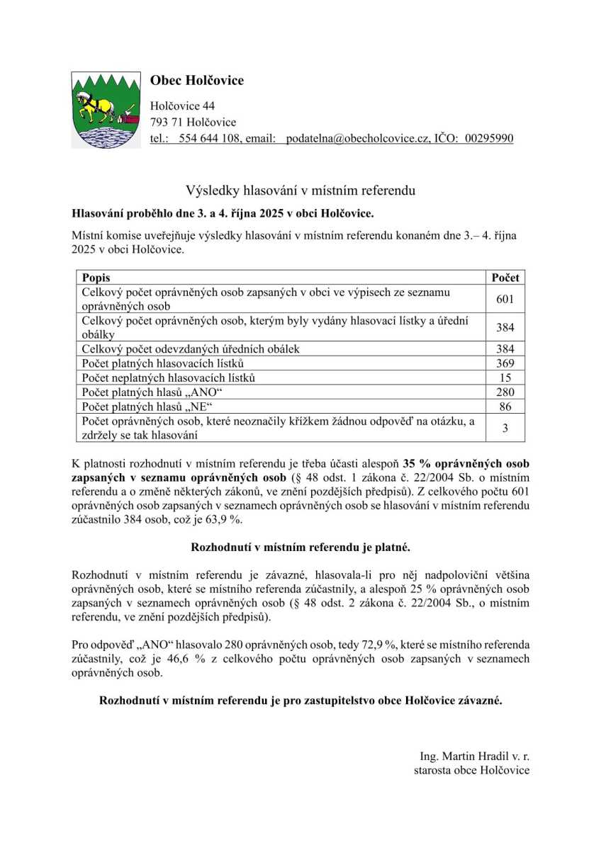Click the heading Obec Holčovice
point(196,81)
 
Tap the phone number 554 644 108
point(209,138)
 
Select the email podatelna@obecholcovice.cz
point(358,138)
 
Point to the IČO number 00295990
point(490,138)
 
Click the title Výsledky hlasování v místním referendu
point(300,190)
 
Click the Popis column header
point(96,278)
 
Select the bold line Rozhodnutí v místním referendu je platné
point(300,548)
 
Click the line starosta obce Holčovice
point(471,770)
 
